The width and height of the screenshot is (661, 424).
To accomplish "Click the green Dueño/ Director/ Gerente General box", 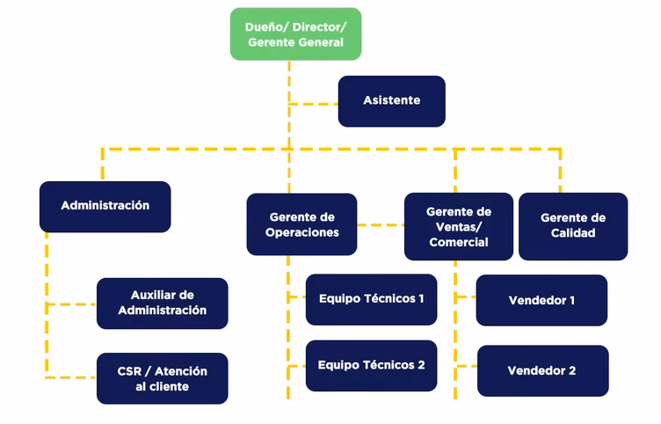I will tap(295, 34).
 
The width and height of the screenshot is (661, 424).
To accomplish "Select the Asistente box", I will tap(391, 101).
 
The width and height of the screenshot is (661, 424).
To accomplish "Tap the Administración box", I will tap(105, 206).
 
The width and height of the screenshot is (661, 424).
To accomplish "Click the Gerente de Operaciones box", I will tap(301, 224).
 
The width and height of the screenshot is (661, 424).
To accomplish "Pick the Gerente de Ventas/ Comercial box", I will tap(458, 226).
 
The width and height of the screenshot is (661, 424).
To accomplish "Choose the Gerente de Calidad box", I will tap(572, 226).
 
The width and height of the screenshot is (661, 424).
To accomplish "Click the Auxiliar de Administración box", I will tap(162, 303).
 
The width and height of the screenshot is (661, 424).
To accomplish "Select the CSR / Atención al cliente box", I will tap(162, 378).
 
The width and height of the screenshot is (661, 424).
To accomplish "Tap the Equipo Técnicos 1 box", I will tap(371, 299).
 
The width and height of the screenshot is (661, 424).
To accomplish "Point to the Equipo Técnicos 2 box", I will tap(371, 365).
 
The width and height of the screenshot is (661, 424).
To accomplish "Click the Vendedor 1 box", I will tap(541, 300).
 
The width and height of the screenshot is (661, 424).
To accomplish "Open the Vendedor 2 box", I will tap(541, 370).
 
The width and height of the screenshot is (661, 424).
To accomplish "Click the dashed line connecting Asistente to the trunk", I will tap(314, 104).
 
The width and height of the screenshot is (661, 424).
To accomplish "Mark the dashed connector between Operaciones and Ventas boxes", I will tap(380, 225).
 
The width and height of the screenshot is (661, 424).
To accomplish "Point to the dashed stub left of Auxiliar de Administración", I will tap(71, 305).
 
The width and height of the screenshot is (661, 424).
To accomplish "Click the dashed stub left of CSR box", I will tap(71, 378).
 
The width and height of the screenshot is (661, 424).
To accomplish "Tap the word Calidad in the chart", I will tap(572, 233).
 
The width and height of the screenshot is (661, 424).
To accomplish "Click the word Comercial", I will tap(458, 242).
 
